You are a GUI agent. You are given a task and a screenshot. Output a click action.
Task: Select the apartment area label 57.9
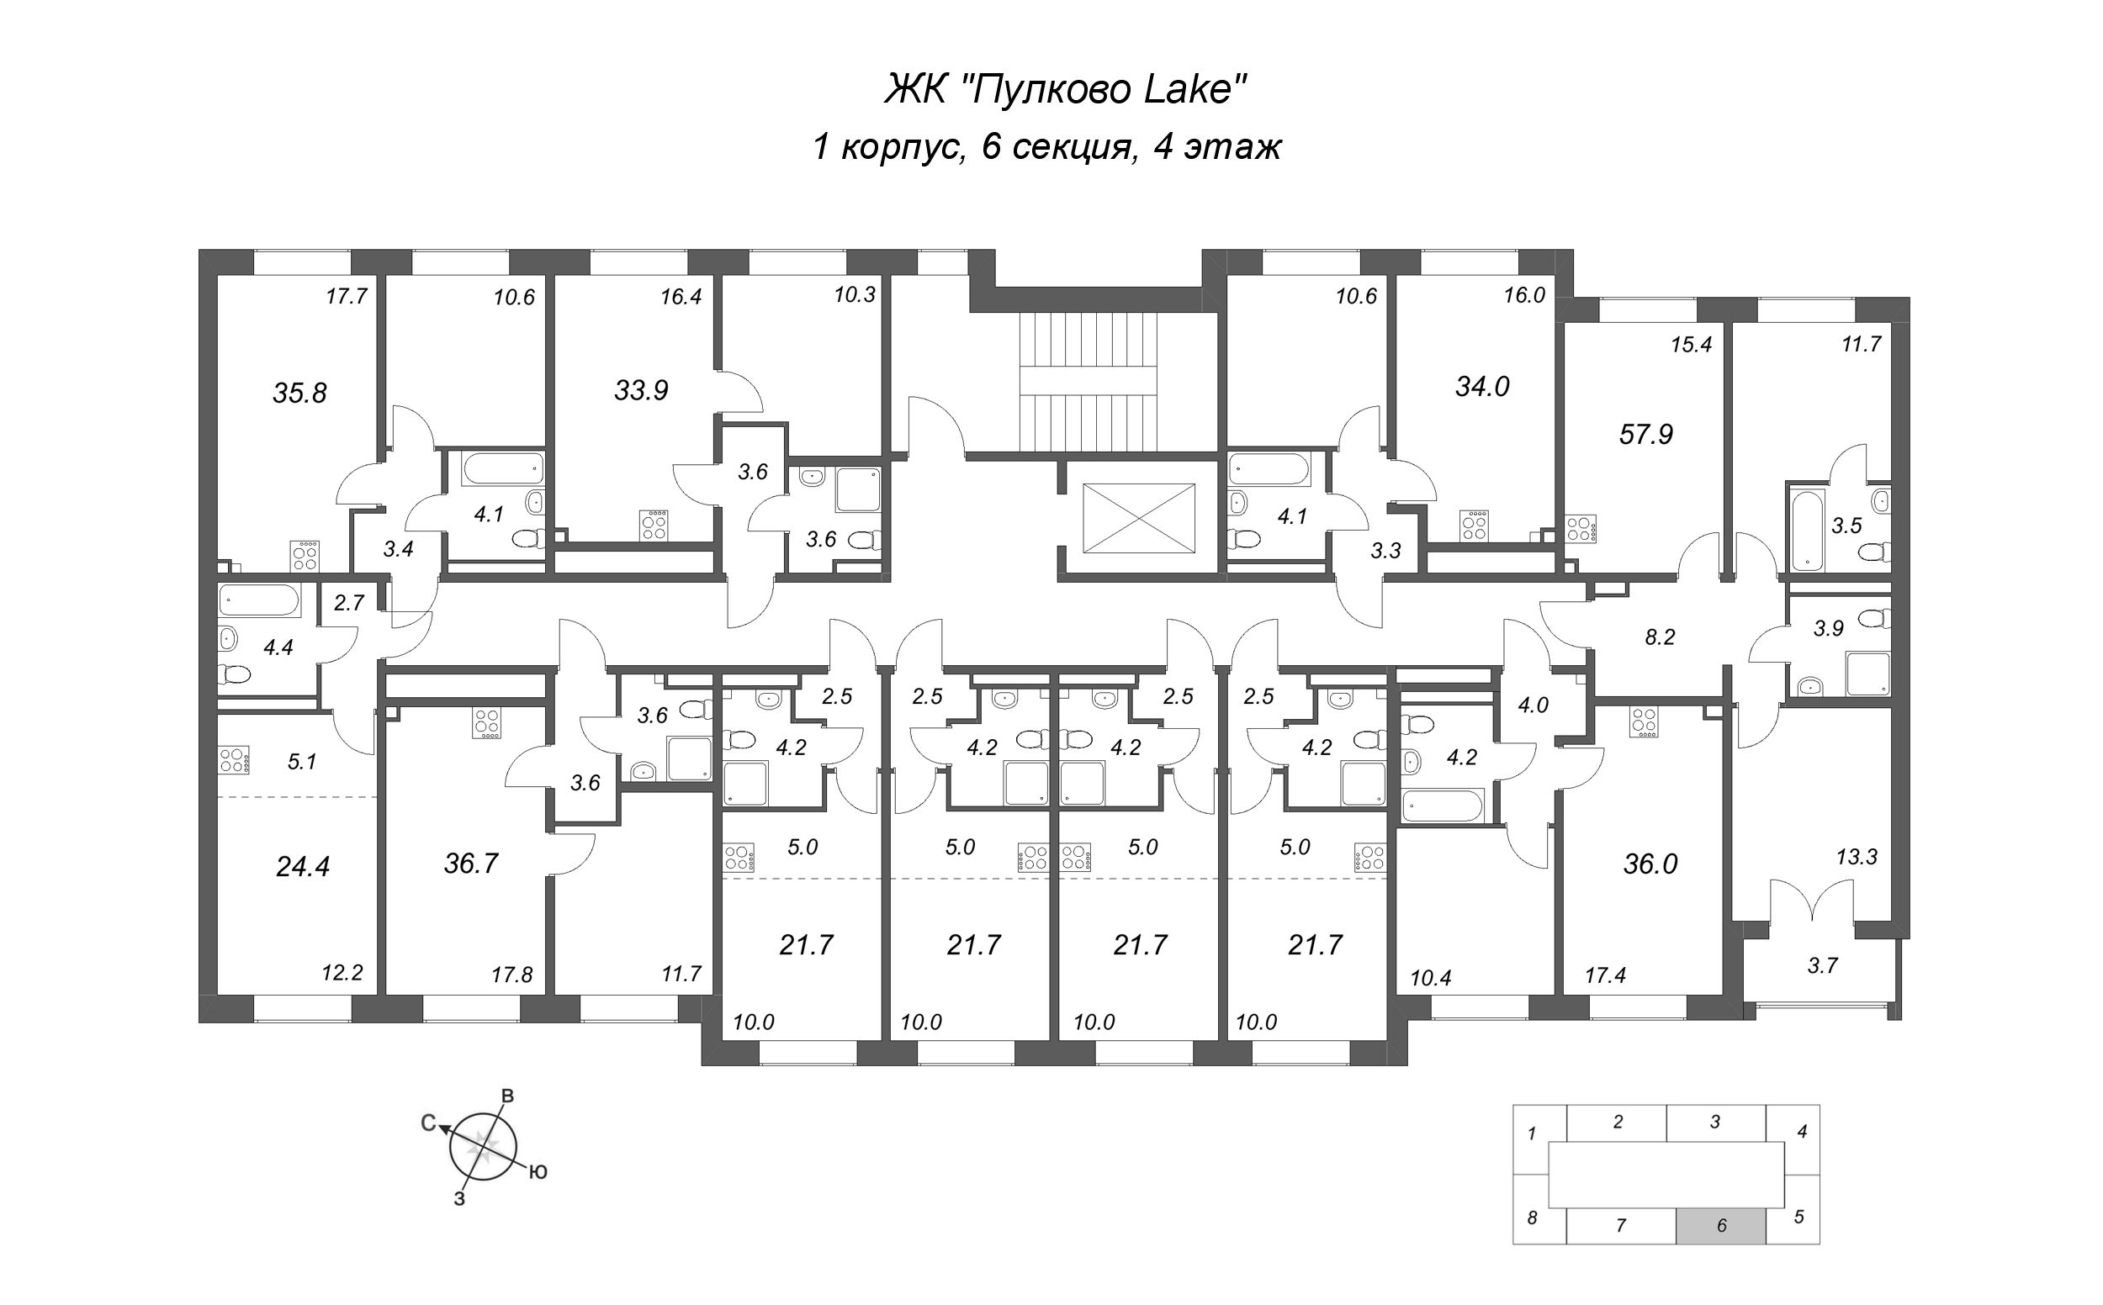coord(1645,434)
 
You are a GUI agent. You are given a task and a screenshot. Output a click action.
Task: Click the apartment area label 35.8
coord(299,394)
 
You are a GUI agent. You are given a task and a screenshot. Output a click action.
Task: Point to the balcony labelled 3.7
coord(1822,966)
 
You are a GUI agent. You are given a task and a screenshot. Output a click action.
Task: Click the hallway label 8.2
coord(1659,637)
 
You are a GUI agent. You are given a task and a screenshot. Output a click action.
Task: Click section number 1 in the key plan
coord(1533,1133)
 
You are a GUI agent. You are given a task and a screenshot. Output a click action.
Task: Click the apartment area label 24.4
coord(303,866)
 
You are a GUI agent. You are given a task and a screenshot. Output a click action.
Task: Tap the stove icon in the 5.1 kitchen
coord(234,760)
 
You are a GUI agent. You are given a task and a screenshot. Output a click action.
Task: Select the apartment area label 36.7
coord(471,863)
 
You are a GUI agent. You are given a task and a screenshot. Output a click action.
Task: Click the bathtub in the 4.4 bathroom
coord(259,600)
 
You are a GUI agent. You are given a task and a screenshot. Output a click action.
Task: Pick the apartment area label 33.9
coord(642,391)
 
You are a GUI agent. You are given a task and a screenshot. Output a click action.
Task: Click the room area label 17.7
coord(347,297)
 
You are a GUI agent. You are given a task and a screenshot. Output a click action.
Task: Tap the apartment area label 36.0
coord(1650,864)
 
